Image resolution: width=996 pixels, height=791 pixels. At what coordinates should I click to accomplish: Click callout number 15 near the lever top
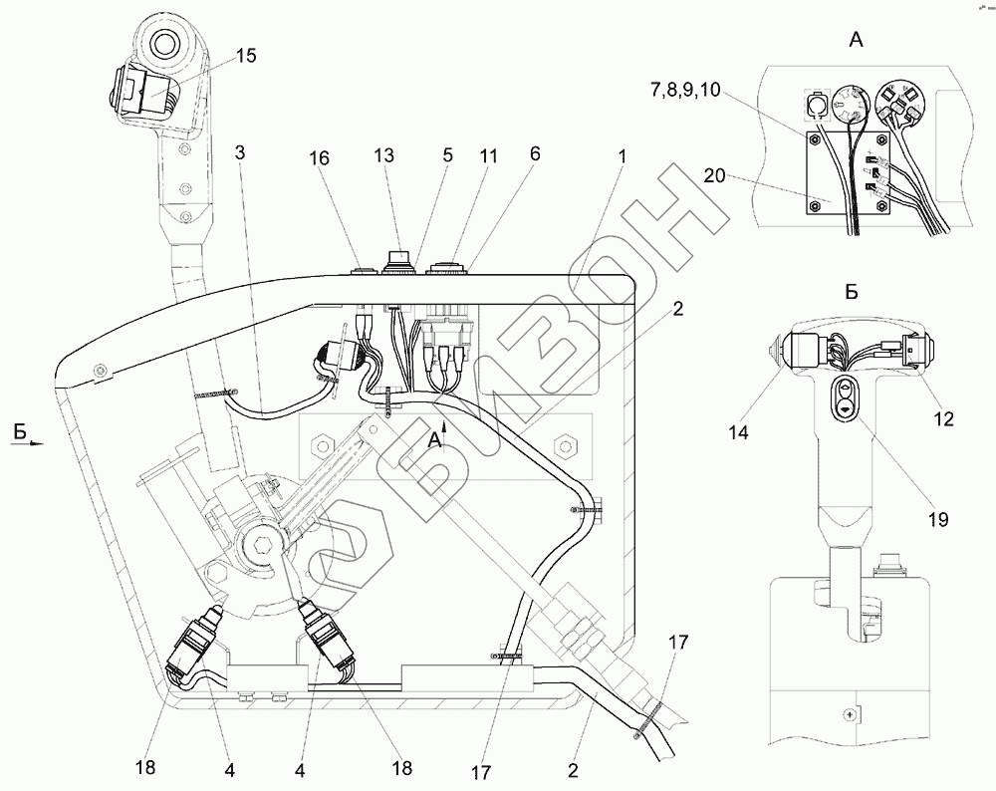pos(246,56)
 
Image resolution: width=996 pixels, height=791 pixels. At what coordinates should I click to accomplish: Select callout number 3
pos(239,152)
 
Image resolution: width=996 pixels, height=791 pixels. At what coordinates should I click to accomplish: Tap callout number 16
pos(320,157)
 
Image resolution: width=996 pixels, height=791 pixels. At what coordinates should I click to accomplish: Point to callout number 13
pos(384,155)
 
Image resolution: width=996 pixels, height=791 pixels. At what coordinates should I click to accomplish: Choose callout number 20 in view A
pos(714,175)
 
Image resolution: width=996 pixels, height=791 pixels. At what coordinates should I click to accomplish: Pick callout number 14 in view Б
pos(738,432)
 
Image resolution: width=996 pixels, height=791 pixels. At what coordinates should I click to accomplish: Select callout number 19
pos(937,519)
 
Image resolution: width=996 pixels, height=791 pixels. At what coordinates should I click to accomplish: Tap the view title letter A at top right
pos(857,40)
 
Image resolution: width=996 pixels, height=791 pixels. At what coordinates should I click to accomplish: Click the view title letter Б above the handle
pos(852,292)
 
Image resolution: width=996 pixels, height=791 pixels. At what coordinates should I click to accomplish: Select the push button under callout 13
pos(398,260)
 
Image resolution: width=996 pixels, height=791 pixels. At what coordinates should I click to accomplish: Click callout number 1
pos(622,155)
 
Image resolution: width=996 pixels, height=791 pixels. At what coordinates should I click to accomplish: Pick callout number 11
pos(488,155)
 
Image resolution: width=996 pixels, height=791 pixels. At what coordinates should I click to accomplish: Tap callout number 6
pos(535,153)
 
